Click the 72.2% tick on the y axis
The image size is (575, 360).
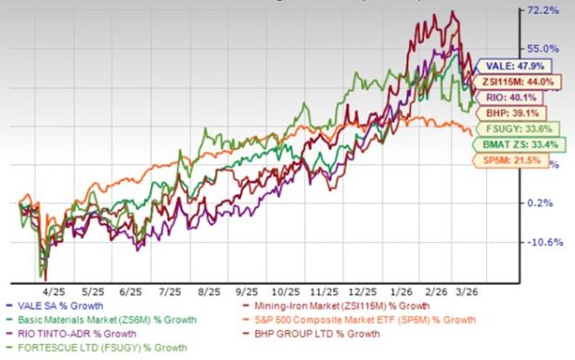click(x=541, y=11)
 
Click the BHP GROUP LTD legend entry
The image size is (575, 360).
click(x=344, y=335)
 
